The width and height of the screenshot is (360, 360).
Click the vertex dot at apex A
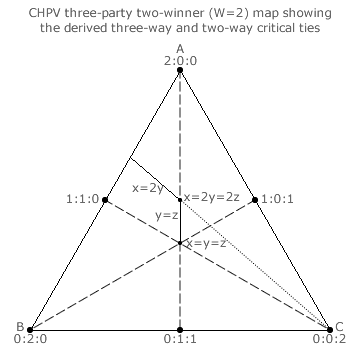(x=180, y=70)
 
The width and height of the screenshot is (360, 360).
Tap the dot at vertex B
(x=30, y=330)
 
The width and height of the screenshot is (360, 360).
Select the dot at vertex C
(x=330, y=330)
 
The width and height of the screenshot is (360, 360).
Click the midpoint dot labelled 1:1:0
(x=105, y=200)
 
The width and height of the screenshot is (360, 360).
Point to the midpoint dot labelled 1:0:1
(x=255, y=200)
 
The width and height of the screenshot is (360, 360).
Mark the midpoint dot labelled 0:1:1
(x=180, y=330)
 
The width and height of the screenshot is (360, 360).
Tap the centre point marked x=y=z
(x=180, y=243)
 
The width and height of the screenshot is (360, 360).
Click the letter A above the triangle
(x=180, y=49)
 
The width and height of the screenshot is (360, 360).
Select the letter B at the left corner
(x=20, y=326)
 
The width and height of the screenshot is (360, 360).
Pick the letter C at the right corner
(x=339, y=327)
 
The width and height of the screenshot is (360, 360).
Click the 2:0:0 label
(x=180, y=61)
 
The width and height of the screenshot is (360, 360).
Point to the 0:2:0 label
(x=30, y=339)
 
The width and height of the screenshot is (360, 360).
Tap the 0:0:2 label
(x=329, y=339)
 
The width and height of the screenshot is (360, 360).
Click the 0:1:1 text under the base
(x=180, y=339)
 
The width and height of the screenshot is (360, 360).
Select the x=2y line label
(x=148, y=189)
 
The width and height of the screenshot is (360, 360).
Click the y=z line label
(x=166, y=216)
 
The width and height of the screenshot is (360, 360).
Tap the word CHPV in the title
(x=43, y=14)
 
